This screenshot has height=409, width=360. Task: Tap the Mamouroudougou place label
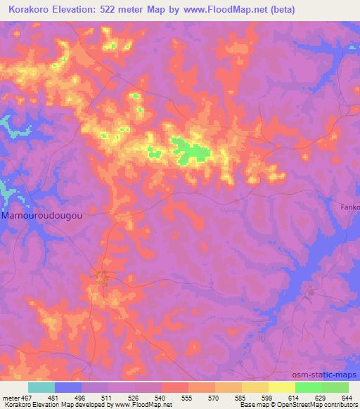41,217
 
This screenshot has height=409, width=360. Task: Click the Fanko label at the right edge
350,207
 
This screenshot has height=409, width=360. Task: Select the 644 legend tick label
345,397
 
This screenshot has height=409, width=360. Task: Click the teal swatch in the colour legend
41,387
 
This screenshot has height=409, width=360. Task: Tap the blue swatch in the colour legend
67,387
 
